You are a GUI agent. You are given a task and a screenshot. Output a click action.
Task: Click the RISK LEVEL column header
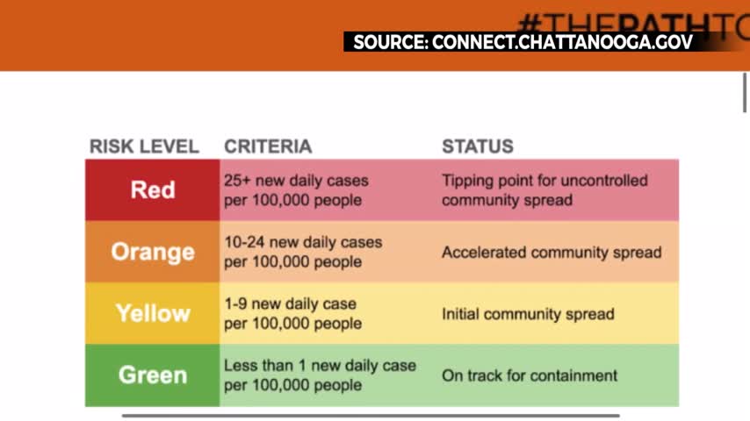[x=144, y=146]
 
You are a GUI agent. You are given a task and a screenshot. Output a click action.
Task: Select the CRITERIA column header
[x=268, y=146]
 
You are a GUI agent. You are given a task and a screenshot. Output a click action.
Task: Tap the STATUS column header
[x=478, y=146]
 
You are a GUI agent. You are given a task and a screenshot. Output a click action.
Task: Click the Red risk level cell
[x=153, y=189]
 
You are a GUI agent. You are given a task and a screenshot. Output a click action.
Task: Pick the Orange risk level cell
[x=153, y=252]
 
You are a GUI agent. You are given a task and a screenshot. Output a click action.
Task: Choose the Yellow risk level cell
[x=153, y=313]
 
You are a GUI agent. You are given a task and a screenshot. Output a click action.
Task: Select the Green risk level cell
[x=153, y=375]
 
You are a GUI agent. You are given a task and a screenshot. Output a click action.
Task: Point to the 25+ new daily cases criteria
[x=296, y=190]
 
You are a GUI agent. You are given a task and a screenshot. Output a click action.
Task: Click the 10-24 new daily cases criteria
[x=303, y=252]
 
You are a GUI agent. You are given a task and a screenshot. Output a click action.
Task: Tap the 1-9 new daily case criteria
[x=292, y=313]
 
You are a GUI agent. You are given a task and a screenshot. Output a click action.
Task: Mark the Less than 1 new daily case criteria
[x=320, y=375]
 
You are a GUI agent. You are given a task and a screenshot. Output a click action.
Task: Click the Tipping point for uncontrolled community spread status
[x=544, y=190]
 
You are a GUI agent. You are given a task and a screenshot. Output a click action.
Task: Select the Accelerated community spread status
[x=552, y=253]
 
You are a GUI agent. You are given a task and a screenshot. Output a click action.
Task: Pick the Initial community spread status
[x=528, y=314]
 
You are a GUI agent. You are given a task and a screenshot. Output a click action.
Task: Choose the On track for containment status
[x=530, y=375]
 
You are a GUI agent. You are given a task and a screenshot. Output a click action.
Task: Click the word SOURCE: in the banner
[x=391, y=42]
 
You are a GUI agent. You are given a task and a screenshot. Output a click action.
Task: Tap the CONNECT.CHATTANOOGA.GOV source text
[x=562, y=42]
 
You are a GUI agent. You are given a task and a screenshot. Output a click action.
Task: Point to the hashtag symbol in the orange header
[x=530, y=24]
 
